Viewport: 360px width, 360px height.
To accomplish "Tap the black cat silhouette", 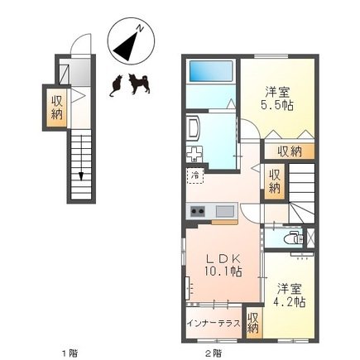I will click(116, 85).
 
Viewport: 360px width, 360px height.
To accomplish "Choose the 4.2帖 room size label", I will click(291, 301).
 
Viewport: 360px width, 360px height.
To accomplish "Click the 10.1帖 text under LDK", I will click(223, 271).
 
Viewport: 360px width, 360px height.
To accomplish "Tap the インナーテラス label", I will click(213, 323).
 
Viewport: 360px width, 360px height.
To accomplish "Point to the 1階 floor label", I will click(68, 353).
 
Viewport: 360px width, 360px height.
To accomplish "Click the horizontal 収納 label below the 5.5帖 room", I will click(289, 151).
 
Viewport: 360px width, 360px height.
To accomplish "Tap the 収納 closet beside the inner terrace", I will click(253, 323).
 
